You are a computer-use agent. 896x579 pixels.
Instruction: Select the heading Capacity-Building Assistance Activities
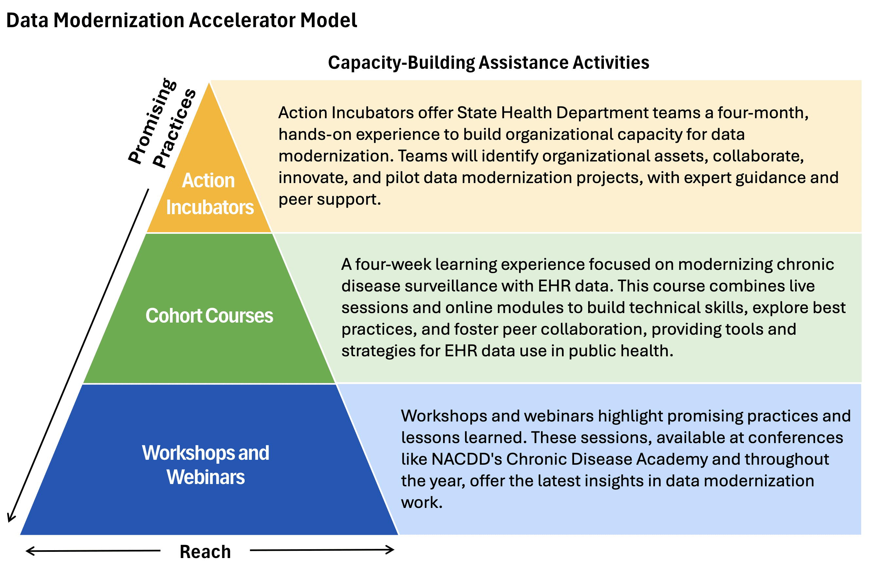(488, 63)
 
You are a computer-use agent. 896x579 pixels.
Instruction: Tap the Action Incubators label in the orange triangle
(210, 194)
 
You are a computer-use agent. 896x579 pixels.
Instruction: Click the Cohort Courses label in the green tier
(209, 315)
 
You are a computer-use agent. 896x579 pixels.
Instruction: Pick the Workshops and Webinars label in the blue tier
(205, 465)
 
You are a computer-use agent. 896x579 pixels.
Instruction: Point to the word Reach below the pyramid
(205, 551)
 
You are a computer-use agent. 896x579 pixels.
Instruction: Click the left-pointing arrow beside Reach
(93, 551)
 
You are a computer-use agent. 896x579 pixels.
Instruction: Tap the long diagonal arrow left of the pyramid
(78, 355)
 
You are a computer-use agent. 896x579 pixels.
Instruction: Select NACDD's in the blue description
(466, 459)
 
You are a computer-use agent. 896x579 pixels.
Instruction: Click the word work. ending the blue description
(421, 503)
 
